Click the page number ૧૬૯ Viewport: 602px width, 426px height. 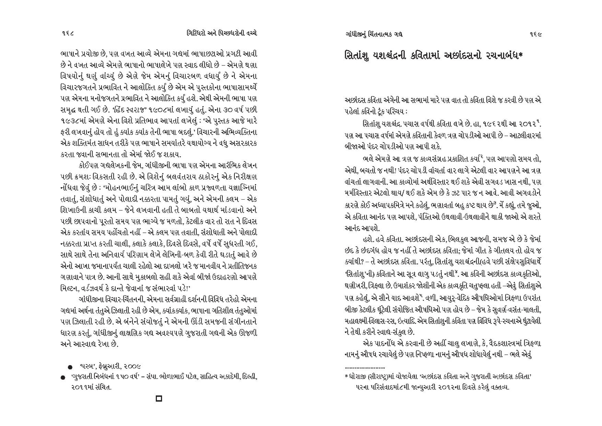[x=534, y=34]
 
